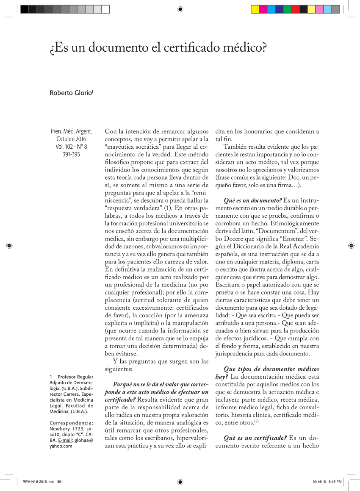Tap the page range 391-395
(x=71, y=154)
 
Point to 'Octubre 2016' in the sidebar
(x=71, y=139)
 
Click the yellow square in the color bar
(x=255, y=9)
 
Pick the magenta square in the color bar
(x=263, y=9)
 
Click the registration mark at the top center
(x=180, y=9)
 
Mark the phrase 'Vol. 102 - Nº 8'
(x=71, y=147)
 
